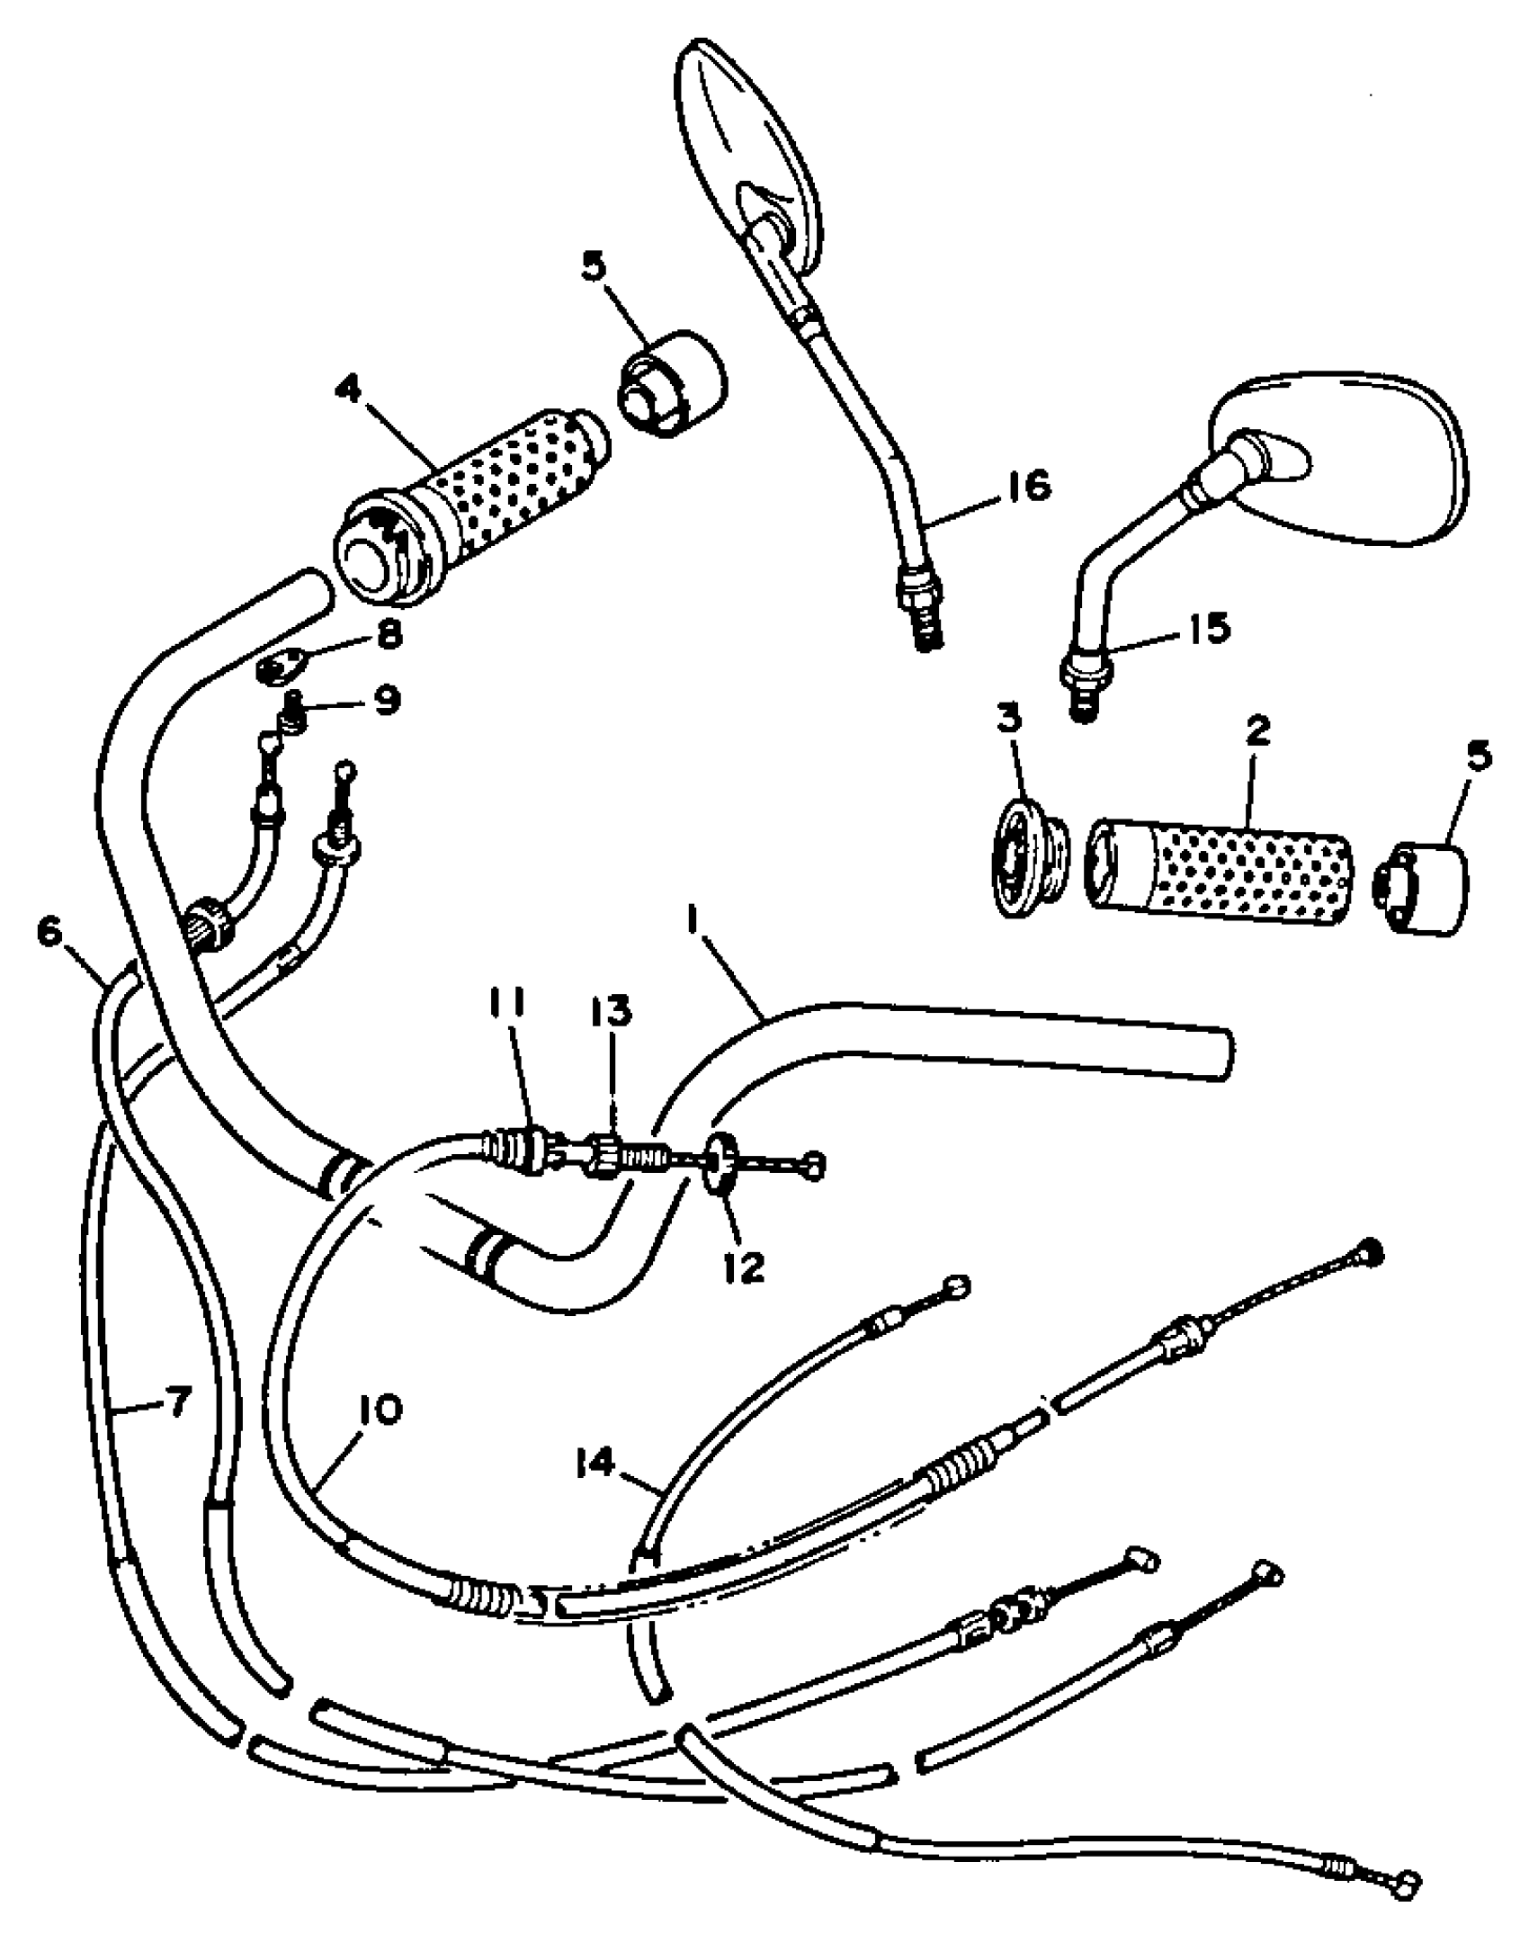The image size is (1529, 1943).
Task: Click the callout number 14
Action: (x=595, y=1464)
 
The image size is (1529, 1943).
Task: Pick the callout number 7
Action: (x=176, y=1401)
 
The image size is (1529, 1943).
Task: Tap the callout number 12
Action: (x=743, y=1267)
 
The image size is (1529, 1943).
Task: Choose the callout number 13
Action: (x=612, y=1013)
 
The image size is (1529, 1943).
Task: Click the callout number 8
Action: (x=389, y=636)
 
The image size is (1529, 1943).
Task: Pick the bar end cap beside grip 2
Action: (x=1423, y=886)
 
